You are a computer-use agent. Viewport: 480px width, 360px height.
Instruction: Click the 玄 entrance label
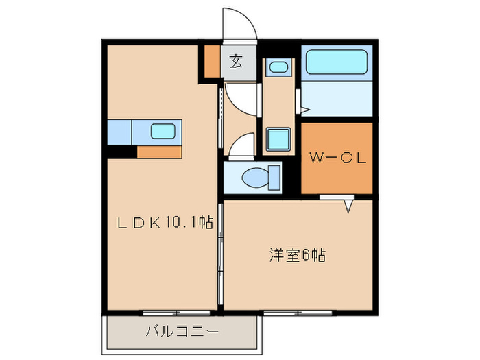(x=236, y=62)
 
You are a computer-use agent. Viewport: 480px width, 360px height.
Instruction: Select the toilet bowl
(x=255, y=178)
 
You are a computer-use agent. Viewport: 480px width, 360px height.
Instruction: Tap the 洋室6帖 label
(x=296, y=256)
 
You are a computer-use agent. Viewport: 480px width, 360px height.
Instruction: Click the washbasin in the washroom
(x=278, y=67)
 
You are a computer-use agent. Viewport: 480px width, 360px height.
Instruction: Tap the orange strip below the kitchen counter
(x=159, y=152)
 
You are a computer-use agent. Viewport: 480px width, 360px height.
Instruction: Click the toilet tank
(x=275, y=178)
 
